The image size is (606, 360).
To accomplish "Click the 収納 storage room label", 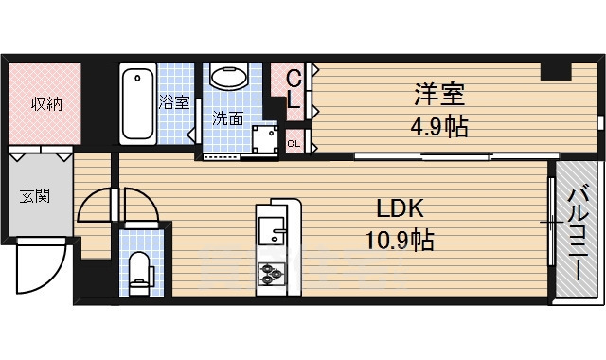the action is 46,103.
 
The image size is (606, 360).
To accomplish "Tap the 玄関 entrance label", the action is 35,196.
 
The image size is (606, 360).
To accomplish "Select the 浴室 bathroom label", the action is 174,102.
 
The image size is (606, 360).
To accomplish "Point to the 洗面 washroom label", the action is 228,118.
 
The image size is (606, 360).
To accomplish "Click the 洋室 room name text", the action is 439,94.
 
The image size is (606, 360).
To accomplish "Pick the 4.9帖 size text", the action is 439,126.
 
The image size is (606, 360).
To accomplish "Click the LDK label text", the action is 400,208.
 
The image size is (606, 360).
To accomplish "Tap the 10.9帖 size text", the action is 400,240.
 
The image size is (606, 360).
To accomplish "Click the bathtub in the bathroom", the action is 138,103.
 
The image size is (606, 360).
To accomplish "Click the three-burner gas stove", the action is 272,274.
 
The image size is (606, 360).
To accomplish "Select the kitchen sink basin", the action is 272,230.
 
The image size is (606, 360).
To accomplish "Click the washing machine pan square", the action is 265,139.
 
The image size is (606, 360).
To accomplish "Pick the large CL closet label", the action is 294,88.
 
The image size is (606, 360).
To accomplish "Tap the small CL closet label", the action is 294,144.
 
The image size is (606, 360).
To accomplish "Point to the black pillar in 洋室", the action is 556,71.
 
